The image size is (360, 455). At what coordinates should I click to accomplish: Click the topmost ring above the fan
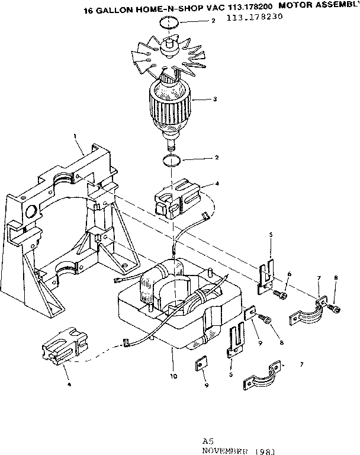tap(169, 23)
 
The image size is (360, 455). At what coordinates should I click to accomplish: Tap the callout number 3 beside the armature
tap(214, 99)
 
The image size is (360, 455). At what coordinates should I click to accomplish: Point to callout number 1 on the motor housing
tap(75, 136)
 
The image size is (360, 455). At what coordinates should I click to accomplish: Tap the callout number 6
tap(289, 274)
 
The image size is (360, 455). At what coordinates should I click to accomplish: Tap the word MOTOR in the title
tap(295, 8)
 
